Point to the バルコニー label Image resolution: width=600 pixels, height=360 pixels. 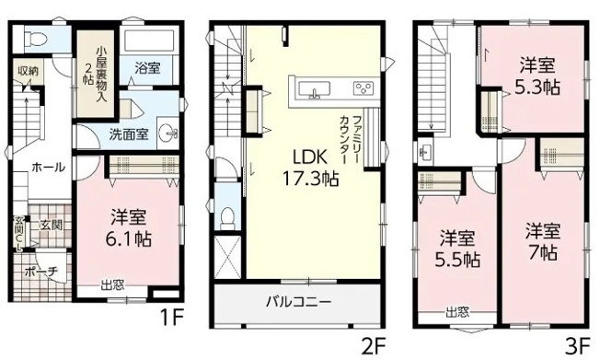[x=300, y=300]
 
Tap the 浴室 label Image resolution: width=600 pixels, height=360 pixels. [x=148, y=68]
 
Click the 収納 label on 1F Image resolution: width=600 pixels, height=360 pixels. [x=28, y=71]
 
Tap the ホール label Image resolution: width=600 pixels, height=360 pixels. [x=48, y=167]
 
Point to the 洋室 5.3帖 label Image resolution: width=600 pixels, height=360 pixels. [x=536, y=75]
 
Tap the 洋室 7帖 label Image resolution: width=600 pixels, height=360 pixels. [x=543, y=239]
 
